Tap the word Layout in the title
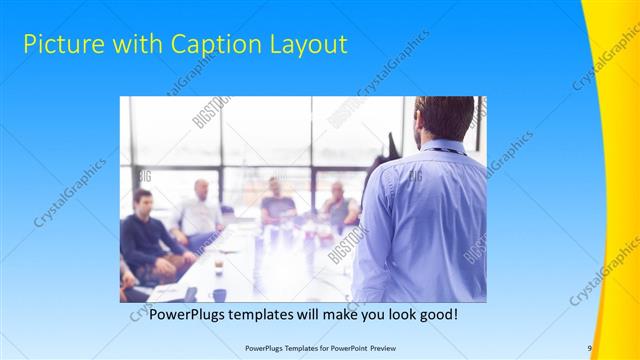pos(309,45)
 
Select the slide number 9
pos(590,348)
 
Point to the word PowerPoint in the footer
pos(343,348)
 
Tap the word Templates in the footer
pos(291,348)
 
